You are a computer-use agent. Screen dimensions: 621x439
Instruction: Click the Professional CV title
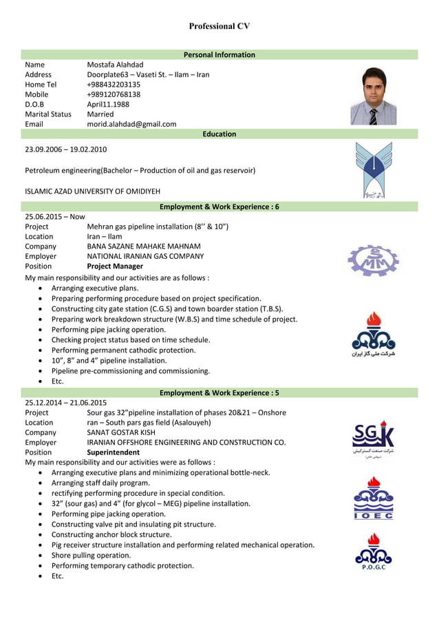pos(219,26)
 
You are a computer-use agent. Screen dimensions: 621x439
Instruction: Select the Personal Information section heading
pos(219,54)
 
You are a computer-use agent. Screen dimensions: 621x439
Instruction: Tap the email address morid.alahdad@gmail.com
pos(131,124)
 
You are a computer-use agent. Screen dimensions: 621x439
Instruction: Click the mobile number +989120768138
pos(114,94)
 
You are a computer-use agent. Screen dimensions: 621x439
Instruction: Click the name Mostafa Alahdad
pos(115,65)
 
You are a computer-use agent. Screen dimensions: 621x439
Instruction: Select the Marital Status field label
pos(48,114)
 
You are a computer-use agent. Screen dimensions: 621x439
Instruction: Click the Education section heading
pos(219,134)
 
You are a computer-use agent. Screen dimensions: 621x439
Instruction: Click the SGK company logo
pos(373,439)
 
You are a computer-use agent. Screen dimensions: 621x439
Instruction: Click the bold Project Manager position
pos(115,266)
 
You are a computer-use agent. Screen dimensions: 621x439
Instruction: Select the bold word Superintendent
pos(113,452)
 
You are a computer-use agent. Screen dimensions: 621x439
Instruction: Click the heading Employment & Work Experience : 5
pos(219,392)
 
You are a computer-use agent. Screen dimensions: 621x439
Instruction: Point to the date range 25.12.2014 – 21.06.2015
pos(65,403)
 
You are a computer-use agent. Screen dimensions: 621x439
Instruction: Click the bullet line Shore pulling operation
pos(91,555)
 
